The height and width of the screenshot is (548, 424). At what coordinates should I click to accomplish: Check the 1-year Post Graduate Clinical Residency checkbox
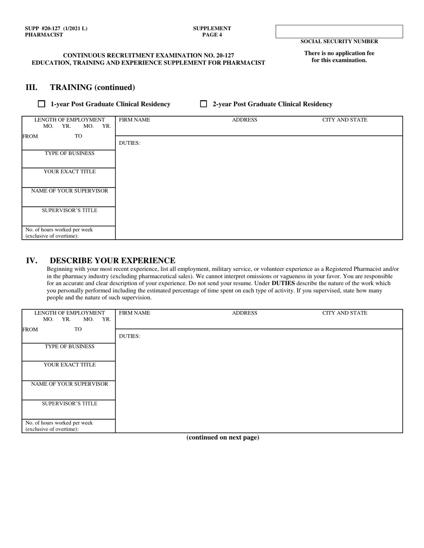(x=42, y=104)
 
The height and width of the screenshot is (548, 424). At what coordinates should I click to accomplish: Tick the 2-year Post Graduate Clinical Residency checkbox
(x=204, y=104)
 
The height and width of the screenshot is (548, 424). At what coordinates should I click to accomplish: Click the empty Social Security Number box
(x=339, y=31)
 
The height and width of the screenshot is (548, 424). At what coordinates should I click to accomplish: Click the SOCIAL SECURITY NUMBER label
(x=339, y=41)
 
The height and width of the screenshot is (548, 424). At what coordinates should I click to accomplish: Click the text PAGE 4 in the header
(x=212, y=35)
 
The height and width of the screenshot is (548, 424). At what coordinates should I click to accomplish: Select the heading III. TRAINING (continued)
(x=80, y=87)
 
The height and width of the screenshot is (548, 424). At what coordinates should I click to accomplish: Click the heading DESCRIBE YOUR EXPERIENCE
(x=112, y=260)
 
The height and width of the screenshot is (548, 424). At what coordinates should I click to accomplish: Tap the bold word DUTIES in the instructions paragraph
(x=283, y=283)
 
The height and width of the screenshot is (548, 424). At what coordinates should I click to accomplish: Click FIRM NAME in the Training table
(x=134, y=120)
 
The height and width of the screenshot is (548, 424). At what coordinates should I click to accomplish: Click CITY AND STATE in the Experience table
(x=345, y=313)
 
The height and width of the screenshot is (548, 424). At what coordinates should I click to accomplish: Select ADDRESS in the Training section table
(x=245, y=120)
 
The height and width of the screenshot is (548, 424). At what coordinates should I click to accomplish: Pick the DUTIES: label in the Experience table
(x=129, y=336)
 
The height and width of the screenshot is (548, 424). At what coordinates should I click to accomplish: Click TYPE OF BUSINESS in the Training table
(x=69, y=153)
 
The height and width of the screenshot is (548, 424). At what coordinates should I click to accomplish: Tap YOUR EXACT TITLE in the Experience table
(x=69, y=364)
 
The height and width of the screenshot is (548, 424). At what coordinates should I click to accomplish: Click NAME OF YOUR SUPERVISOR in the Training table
(x=69, y=191)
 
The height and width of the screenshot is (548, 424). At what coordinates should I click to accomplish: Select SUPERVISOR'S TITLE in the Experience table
(x=69, y=404)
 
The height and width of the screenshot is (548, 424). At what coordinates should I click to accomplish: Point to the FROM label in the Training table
(x=30, y=136)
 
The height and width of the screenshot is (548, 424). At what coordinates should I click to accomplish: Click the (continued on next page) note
(x=222, y=438)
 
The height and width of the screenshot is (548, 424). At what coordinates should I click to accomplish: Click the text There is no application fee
(x=339, y=53)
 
